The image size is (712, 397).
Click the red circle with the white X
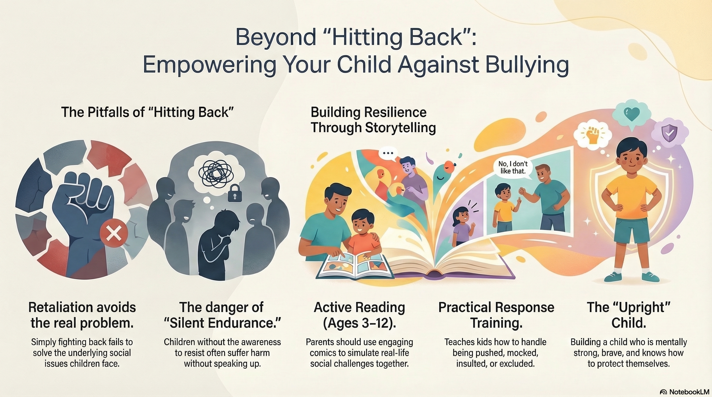114,233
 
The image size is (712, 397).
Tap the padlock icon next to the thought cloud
235,193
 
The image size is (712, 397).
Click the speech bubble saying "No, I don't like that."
513,167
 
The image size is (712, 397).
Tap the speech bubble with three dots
388,154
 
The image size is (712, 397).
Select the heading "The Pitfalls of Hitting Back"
147,112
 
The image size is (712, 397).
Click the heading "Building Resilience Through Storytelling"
373,120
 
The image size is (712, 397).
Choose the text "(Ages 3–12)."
359,323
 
